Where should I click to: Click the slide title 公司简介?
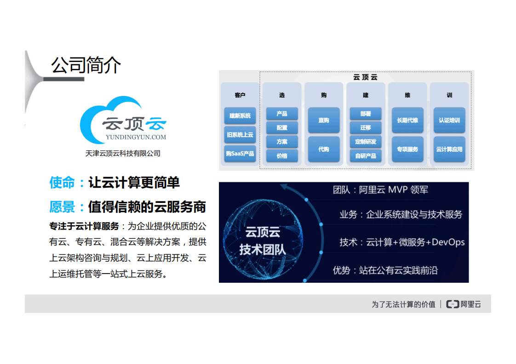(x=86, y=66)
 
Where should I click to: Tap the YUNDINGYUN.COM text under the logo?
(x=136, y=137)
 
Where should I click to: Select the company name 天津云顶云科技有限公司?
(x=123, y=153)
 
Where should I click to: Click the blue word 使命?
(x=62, y=183)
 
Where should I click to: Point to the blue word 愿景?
(x=62, y=207)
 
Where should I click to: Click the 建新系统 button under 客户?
(x=240, y=116)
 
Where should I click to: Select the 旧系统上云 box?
(x=240, y=135)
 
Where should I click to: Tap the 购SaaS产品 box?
(x=240, y=154)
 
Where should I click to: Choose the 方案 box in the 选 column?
(x=282, y=142)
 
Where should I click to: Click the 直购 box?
(x=324, y=120)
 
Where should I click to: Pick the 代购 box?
(x=324, y=149)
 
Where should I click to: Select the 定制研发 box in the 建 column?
(x=366, y=142)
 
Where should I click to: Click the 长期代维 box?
(x=407, y=120)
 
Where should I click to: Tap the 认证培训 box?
(x=449, y=120)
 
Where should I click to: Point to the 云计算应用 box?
(x=449, y=149)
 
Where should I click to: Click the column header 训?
(x=449, y=95)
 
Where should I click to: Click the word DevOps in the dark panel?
(x=448, y=242)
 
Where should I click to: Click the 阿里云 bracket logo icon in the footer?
(x=453, y=304)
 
